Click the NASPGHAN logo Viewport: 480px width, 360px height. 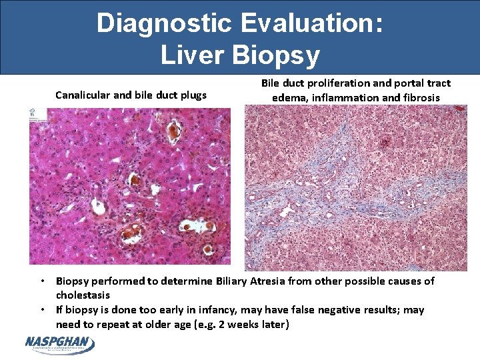coord(60,344)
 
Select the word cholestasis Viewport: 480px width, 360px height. coord(83,295)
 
